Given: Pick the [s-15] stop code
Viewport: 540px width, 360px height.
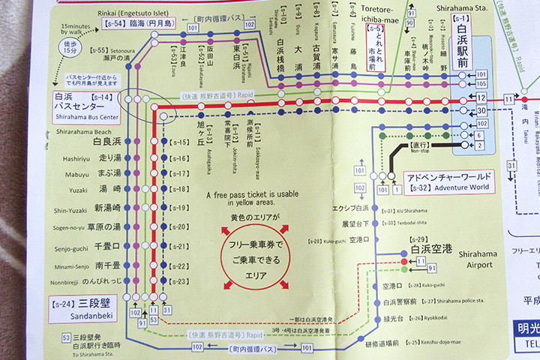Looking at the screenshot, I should coord(180,142).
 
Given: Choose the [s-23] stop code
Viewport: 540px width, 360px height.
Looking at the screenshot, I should coord(180,281).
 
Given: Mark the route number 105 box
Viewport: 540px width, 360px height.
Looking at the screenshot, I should coord(481,83).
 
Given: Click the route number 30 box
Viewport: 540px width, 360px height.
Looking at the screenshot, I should coord(481,110).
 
